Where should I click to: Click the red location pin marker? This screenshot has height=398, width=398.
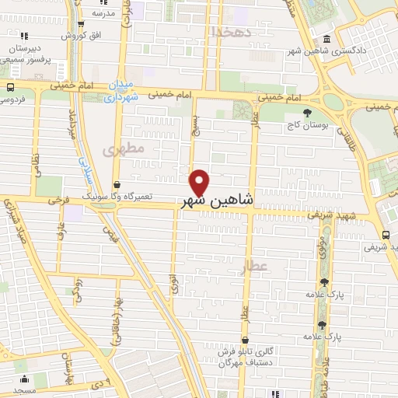(x=200, y=183)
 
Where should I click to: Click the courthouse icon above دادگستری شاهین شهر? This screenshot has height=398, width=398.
(x=324, y=39)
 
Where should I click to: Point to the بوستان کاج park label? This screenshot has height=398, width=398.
(x=306, y=123)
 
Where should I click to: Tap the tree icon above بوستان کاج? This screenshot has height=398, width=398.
(x=307, y=112)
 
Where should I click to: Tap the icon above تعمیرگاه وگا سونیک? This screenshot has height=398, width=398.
(x=117, y=184)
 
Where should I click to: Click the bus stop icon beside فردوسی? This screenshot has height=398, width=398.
(x=10, y=86)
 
